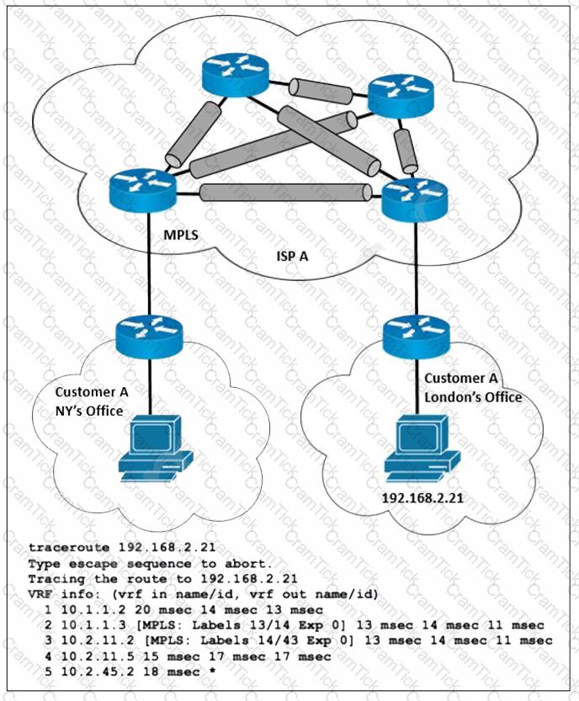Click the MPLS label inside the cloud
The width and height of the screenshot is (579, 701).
(181, 234)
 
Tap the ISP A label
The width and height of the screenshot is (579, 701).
(292, 256)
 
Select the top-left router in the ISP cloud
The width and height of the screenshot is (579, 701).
(235, 76)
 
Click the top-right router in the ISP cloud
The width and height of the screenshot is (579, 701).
(401, 97)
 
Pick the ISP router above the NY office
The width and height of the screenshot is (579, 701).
(142, 190)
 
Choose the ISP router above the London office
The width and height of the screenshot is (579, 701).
(414, 199)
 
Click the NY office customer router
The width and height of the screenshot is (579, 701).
(149, 337)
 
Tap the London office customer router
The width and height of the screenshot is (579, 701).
(417, 337)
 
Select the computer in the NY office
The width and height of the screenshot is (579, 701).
(155, 449)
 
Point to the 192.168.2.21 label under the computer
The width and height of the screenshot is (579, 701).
(422, 498)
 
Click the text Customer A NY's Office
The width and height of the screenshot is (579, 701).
(91, 401)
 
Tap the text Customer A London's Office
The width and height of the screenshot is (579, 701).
(473, 388)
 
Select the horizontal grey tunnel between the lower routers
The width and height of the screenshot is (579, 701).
(285, 192)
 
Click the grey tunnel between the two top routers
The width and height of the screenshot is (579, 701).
(321, 91)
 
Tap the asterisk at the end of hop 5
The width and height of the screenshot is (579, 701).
(212, 671)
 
